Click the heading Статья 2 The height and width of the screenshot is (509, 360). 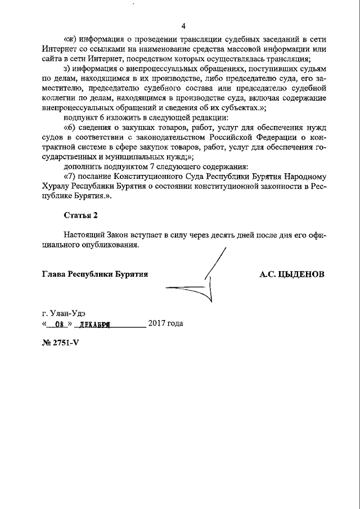(x=81, y=215)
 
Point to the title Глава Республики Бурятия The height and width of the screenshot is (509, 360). (x=95, y=274)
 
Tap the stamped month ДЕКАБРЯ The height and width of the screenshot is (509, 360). (x=92, y=324)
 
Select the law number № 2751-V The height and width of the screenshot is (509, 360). (x=61, y=343)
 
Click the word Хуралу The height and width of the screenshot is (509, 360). (x=55, y=186)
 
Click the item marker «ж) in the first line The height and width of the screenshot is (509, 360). (x=69, y=40)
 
